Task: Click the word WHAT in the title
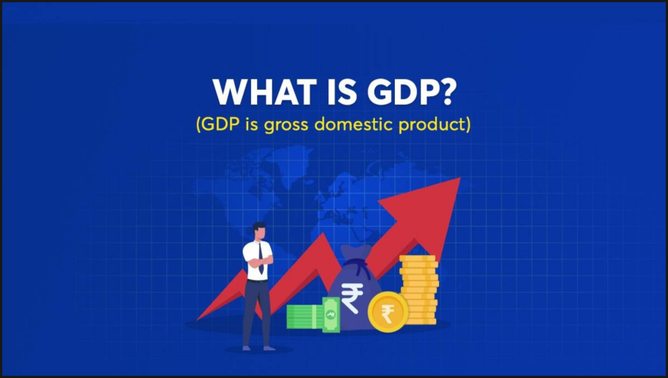(x=265, y=91)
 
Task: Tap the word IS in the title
(x=342, y=91)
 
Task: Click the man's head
(x=259, y=232)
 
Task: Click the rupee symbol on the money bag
(x=351, y=298)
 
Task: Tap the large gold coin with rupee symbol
(x=388, y=312)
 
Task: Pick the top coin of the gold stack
(x=418, y=258)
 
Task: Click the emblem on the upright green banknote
(x=331, y=315)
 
